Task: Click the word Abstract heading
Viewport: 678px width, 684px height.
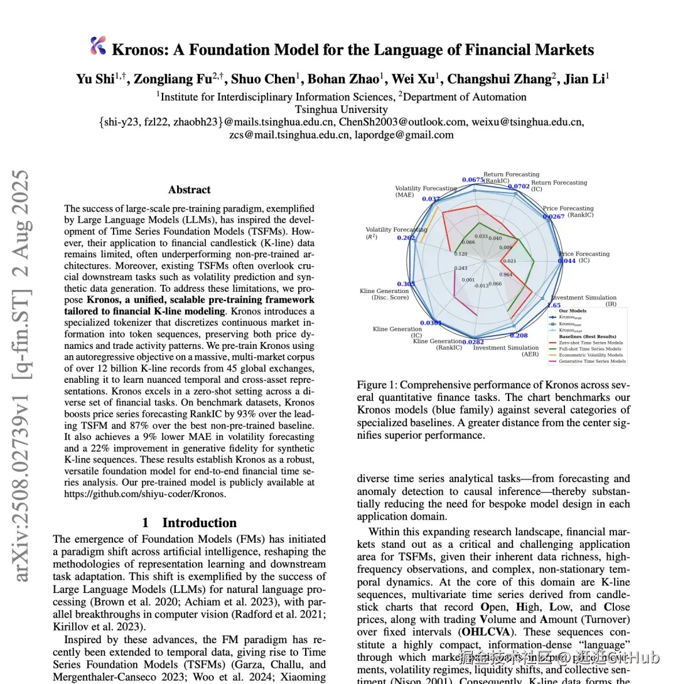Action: point(189,190)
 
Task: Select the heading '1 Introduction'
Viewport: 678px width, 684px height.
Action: point(189,523)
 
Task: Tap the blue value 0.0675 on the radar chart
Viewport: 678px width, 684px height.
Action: point(473,180)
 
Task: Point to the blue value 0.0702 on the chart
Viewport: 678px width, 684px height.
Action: point(518,186)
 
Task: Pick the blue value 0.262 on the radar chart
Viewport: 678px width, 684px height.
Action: point(406,238)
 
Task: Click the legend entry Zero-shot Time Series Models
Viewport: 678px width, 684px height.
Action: point(591,343)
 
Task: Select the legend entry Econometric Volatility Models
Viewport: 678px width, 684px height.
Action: point(591,355)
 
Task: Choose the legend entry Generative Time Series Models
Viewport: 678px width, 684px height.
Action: point(591,361)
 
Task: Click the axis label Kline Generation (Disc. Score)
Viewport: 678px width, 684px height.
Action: point(384,294)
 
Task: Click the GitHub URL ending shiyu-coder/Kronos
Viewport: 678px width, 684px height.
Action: point(144,494)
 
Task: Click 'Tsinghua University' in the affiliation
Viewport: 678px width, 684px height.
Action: point(342,109)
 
